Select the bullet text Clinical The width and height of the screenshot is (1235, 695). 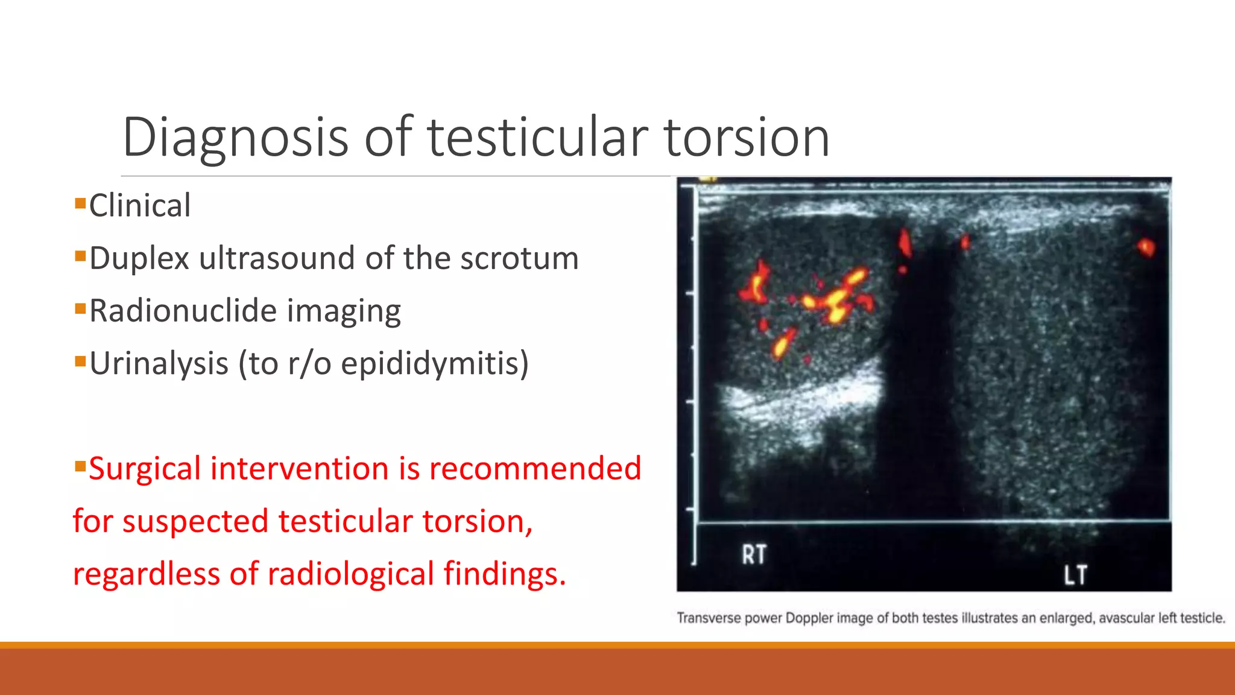(140, 206)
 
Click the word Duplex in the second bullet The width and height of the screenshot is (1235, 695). (140, 258)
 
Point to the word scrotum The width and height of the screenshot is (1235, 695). (519, 258)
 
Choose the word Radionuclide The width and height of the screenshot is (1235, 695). (183, 311)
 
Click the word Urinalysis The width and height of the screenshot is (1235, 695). (159, 364)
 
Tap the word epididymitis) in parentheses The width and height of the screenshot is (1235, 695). (435, 364)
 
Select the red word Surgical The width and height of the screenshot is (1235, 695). (145, 469)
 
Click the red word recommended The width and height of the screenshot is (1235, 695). (535, 469)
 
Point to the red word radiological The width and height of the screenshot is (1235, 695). (350, 574)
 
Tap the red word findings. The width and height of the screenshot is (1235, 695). (505, 574)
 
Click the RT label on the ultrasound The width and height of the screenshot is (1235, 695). (754, 554)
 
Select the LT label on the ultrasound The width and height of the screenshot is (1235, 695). (1075, 575)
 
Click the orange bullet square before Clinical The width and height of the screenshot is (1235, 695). (80, 203)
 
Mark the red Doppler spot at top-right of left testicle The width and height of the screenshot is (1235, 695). (1146, 247)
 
